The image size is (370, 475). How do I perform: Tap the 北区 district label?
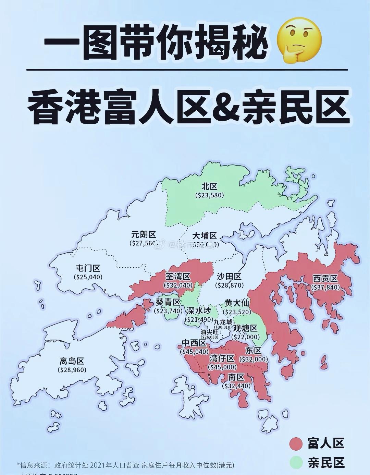click(x=209, y=186)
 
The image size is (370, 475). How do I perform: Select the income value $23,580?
click(x=209, y=195)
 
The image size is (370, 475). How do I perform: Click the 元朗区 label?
click(x=144, y=235)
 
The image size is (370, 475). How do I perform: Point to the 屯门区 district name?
click(x=88, y=268)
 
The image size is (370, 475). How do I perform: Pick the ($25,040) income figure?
click(x=88, y=277)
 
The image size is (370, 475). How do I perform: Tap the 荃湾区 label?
click(x=178, y=276)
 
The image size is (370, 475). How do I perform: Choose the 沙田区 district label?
click(x=229, y=277)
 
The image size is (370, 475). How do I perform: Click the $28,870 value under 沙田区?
click(x=229, y=285)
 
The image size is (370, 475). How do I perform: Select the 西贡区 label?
click(x=325, y=279)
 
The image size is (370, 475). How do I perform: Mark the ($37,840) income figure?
click(x=325, y=287)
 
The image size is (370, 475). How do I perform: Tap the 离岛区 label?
click(x=72, y=361)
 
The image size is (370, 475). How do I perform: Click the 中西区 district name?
click(x=194, y=343)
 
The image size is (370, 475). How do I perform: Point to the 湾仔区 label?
click(x=222, y=358)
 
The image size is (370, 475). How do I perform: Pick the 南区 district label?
click(x=236, y=377)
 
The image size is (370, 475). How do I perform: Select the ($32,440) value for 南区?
click(x=236, y=386)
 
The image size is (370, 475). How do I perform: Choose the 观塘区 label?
click(x=245, y=328)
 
